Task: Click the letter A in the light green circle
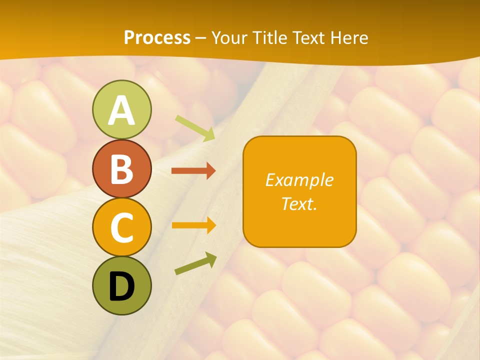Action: click(121, 110)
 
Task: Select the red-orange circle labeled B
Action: click(121, 168)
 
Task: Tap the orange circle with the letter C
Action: click(121, 227)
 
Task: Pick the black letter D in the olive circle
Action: click(121, 286)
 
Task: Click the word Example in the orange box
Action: click(299, 180)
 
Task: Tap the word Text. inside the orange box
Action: click(299, 203)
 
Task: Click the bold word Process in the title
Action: click(157, 37)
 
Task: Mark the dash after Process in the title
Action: click(201, 38)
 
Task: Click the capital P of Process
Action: click(129, 37)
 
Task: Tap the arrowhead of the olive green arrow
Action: click(211, 258)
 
